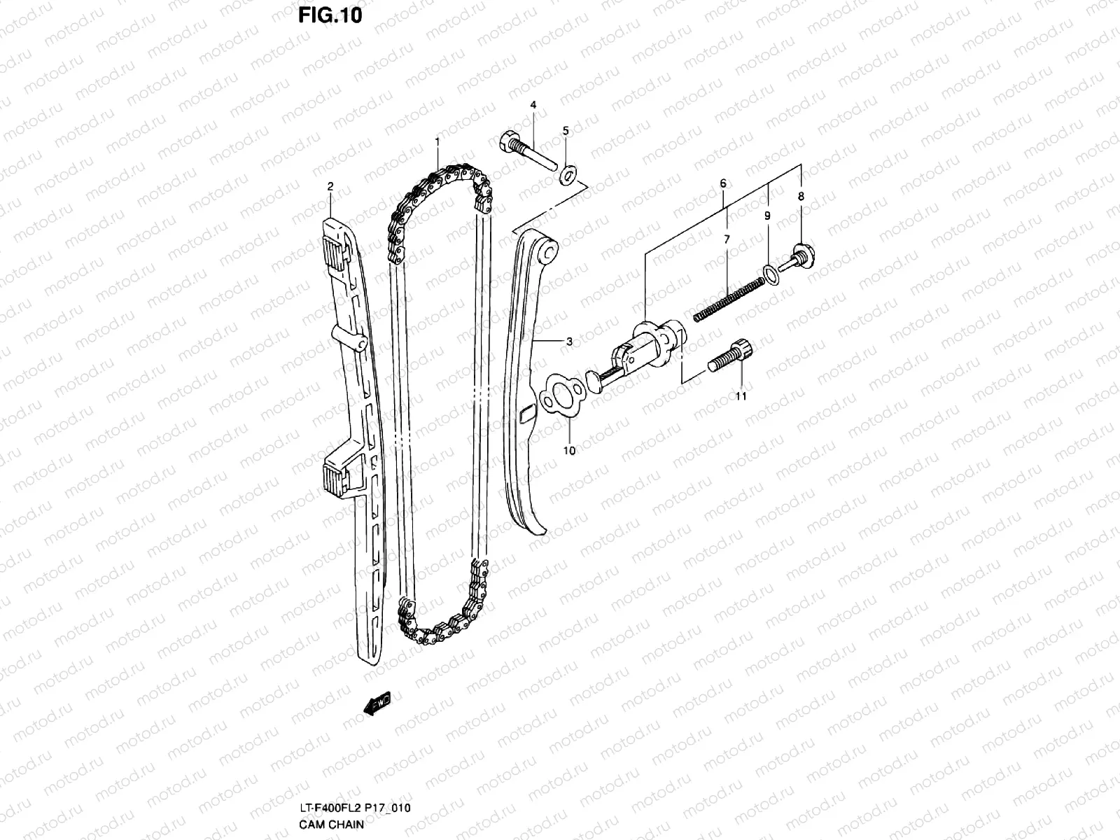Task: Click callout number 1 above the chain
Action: (x=437, y=141)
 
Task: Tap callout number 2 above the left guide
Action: (x=330, y=186)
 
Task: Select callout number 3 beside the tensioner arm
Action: (x=569, y=342)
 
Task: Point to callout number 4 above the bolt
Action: (x=533, y=105)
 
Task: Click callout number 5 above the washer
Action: (x=566, y=131)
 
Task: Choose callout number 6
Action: (x=723, y=183)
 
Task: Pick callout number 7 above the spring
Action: (x=727, y=239)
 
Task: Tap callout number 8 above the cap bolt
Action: (x=801, y=197)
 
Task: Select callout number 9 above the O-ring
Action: (x=767, y=216)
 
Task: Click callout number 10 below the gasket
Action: (x=569, y=451)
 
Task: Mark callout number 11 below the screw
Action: (x=741, y=396)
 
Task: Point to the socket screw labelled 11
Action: (x=729, y=353)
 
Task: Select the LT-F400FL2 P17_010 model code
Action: (x=353, y=808)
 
